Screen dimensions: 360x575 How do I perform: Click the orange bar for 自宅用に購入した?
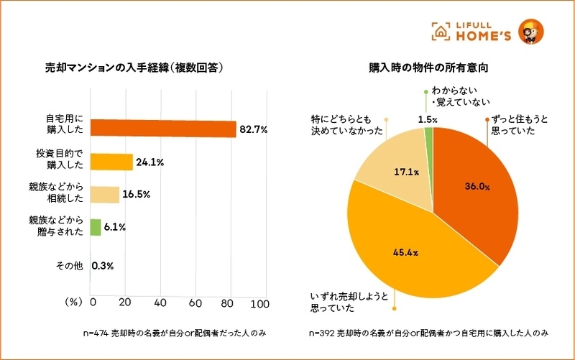(162, 129)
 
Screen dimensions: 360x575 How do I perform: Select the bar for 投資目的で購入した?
(111, 162)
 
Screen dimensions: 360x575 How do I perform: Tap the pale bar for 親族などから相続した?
(105, 195)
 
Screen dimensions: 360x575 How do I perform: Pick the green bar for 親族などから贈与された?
(96, 227)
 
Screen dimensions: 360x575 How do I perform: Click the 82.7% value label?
(254, 130)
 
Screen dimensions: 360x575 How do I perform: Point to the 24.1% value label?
(150, 162)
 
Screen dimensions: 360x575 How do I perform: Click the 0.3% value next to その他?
(103, 266)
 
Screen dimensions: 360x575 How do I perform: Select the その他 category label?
(70, 266)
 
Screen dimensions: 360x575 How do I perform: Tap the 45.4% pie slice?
(402, 251)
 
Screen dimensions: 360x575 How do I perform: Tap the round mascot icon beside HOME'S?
(531, 31)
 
